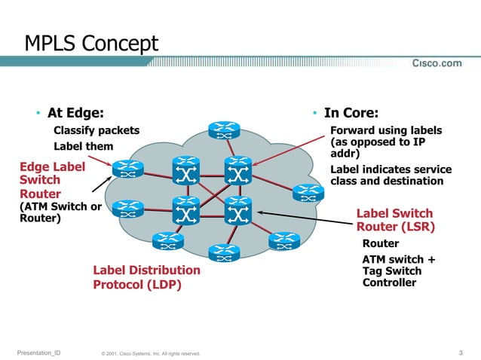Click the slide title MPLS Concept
(92, 44)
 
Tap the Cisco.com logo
(436, 63)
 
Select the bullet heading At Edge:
(75, 113)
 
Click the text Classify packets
(96, 130)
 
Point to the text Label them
(83, 145)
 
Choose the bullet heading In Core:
(351, 113)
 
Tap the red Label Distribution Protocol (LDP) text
(146, 277)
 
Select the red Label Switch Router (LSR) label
(395, 219)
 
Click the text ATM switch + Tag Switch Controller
(399, 271)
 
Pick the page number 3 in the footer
(460, 352)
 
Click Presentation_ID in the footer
(38, 352)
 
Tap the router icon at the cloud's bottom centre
(224, 254)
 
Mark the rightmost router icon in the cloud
(308, 193)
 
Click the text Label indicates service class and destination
(391, 175)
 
